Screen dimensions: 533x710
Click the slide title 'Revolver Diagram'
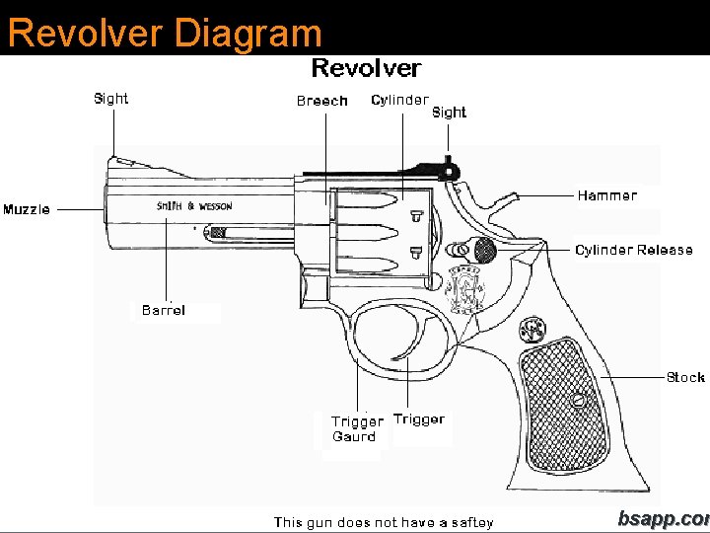(165, 32)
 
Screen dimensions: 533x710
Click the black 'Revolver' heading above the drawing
(366, 68)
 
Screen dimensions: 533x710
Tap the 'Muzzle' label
(27, 209)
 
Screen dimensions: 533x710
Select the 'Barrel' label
(163, 310)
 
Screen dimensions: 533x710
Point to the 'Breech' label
(321, 101)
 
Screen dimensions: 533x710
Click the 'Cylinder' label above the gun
(399, 100)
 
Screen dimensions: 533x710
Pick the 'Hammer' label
(606, 195)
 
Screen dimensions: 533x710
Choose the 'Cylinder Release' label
(633, 250)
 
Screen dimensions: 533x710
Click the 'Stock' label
(685, 377)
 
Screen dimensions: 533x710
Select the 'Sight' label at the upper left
(110, 98)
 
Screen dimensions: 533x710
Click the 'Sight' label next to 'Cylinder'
(449, 112)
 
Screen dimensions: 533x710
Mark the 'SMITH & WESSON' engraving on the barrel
(194, 206)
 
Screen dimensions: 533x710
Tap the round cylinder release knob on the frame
(484, 249)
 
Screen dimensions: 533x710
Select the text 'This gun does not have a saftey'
(384, 522)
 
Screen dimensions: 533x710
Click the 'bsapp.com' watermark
(663, 519)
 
